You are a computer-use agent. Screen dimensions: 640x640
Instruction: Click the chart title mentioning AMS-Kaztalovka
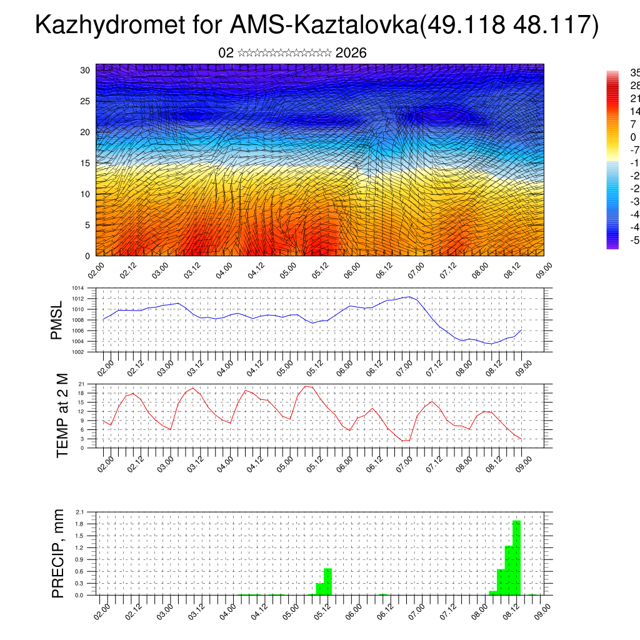[317, 26]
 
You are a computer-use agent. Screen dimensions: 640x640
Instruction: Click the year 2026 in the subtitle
[351, 53]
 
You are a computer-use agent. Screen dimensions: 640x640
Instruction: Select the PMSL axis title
[57, 320]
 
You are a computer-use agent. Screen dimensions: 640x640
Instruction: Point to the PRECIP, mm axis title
[58, 552]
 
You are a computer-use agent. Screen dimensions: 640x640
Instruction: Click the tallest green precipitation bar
[516, 557]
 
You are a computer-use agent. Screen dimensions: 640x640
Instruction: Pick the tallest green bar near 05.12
[328, 581]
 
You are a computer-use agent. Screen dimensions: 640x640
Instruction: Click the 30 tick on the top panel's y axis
[86, 70]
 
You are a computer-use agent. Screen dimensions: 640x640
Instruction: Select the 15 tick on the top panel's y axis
[86, 163]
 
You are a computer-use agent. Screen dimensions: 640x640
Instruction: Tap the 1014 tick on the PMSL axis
[77, 288]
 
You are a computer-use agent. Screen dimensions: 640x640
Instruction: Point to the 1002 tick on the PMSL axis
[77, 352]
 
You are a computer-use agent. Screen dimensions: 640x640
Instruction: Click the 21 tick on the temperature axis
[81, 384]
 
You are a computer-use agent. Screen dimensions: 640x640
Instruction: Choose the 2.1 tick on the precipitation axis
[79, 512]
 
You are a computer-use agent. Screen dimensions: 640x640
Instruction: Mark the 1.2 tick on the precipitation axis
[79, 547]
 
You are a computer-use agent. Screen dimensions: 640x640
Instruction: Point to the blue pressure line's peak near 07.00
[409, 297]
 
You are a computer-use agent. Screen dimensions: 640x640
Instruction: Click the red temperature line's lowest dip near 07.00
[404, 441]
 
